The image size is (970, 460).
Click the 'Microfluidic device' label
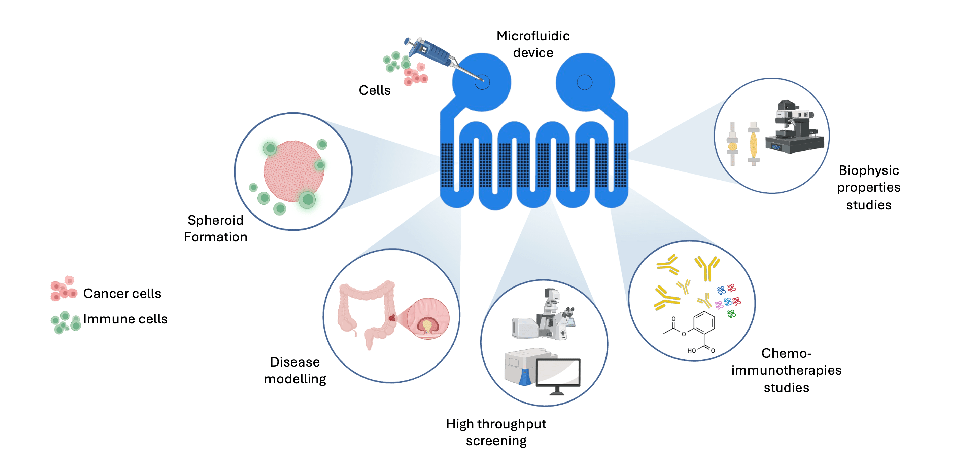click(533, 44)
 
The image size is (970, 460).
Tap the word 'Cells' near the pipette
click(374, 90)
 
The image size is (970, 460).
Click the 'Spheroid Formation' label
click(215, 228)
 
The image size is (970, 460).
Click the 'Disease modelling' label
click(295, 370)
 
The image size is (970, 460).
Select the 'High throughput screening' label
click(496, 432)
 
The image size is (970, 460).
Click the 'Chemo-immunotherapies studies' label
click(786, 370)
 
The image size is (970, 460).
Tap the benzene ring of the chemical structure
click(704, 323)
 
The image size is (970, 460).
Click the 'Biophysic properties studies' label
click(868, 187)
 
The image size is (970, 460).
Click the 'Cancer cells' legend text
click(122, 293)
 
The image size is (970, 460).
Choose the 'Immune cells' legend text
click(125, 319)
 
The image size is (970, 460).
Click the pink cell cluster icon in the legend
click(64, 289)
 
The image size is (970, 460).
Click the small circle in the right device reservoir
click(584, 82)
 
